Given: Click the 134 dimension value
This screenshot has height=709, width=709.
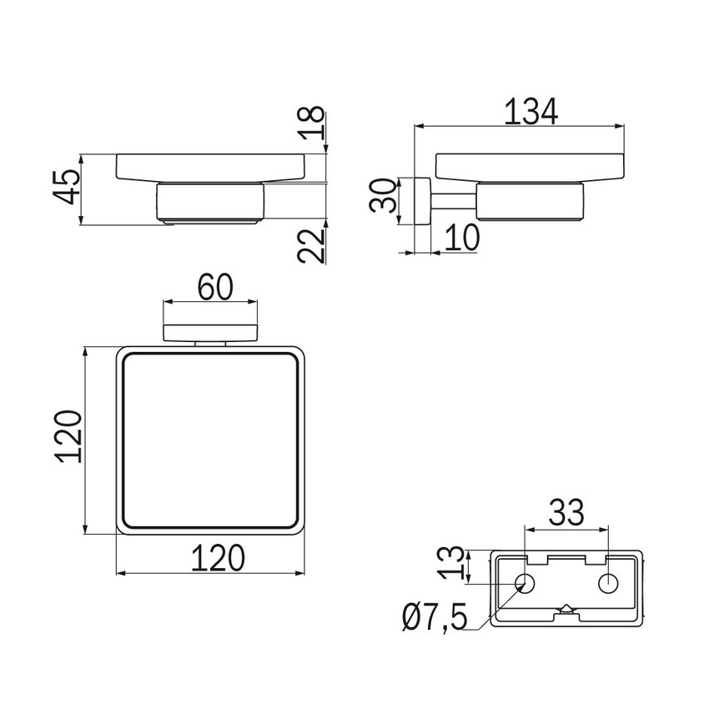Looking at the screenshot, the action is click(530, 111).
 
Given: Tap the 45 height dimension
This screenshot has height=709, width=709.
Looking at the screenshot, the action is click(67, 187).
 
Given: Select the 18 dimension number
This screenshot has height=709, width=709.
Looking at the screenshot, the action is click(312, 122).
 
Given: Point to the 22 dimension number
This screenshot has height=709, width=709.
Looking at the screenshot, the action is click(312, 246).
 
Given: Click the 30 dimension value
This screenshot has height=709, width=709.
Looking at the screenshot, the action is click(383, 195).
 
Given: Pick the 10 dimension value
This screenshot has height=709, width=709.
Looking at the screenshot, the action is click(461, 238).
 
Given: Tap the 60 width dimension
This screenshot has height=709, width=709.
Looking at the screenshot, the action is click(215, 287).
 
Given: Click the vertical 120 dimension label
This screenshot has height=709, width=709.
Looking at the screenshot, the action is click(68, 436).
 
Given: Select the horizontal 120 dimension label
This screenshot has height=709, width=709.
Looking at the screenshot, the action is click(218, 558).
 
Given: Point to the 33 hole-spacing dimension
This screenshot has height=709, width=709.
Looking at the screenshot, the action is click(566, 512).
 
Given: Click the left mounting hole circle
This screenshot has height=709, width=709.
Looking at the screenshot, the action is click(525, 583).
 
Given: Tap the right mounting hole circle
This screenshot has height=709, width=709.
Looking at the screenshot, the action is click(608, 583).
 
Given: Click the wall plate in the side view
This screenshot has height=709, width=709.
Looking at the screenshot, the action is click(422, 200).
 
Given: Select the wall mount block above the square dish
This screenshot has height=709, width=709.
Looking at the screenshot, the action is click(210, 332).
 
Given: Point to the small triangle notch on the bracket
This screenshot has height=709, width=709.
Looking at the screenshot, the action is click(566, 609).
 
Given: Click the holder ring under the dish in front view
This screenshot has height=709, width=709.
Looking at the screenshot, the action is click(210, 203).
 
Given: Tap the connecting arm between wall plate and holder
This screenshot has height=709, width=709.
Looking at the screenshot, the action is click(454, 200).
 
